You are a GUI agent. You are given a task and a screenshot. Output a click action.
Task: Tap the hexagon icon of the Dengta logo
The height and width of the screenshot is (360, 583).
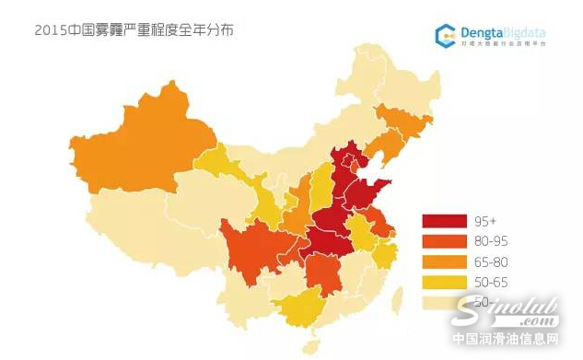tap(447, 33)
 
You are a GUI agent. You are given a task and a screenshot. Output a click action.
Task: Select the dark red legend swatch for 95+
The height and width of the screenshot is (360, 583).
tap(444, 221)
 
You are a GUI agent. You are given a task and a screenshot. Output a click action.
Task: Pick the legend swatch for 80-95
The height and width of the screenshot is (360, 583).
tap(444, 241)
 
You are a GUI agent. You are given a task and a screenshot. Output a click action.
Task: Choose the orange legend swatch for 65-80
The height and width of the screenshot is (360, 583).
tap(444, 261)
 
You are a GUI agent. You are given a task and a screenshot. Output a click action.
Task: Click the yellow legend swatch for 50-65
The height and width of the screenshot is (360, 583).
tap(444, 282)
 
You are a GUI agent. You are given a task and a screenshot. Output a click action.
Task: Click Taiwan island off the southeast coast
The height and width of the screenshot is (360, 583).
tap(397, 299)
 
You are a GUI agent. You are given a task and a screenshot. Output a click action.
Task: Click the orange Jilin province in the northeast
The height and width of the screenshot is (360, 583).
tap(405, 124)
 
